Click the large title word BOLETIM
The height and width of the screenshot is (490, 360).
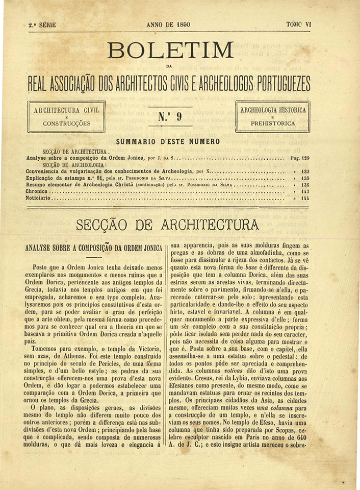pos(171,51)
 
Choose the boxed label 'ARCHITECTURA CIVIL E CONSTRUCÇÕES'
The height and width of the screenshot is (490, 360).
pos(66,116)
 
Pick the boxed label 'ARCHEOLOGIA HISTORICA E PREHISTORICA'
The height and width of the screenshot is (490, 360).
pos(273,116)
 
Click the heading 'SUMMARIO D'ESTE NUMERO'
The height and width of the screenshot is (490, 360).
pos(168,141)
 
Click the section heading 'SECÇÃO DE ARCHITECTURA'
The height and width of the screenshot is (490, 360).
pos(168,225)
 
